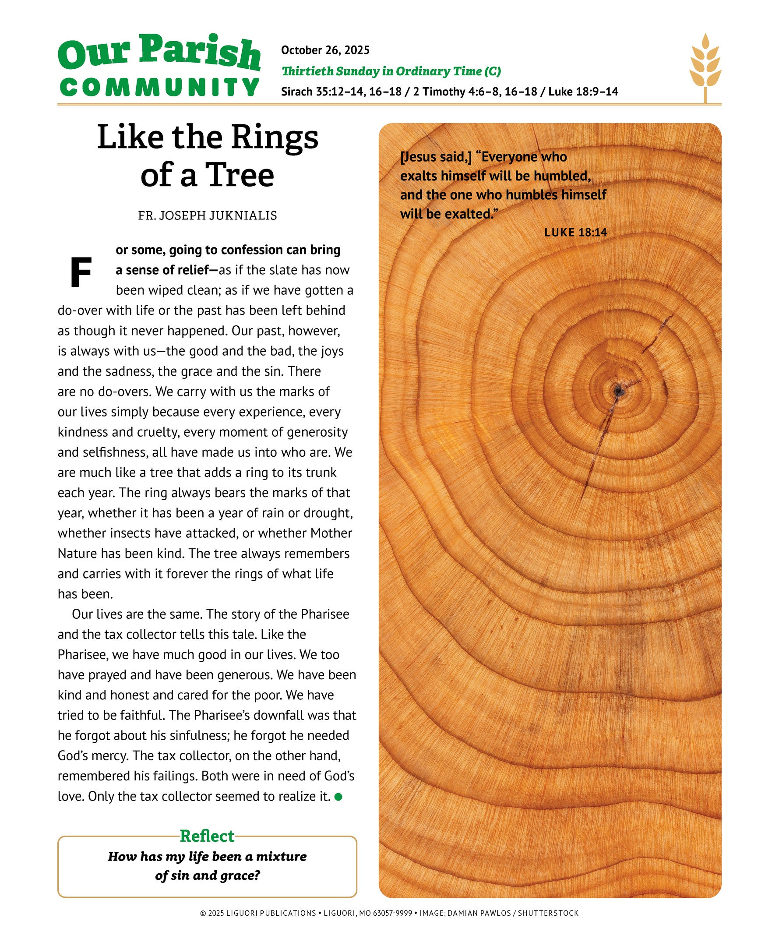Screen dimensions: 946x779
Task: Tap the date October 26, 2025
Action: (x=325, y=50)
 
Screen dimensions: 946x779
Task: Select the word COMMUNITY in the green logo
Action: (x=159, y=87)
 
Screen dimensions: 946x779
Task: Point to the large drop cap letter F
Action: (x=81, y=272)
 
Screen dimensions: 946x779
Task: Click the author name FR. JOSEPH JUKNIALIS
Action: (x=207, y=216)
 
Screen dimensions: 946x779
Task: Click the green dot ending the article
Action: (x=338, y=797)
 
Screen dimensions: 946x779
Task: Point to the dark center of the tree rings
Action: (x=619, y=391)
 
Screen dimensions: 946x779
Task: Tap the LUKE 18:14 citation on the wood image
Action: (x=575, y=233)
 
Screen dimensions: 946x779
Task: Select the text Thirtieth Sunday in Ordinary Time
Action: (x=381, y=71)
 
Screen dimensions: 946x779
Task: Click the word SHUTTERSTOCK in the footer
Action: (x=548, y=913)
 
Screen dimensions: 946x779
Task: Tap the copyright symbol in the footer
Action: (x=203, y=913)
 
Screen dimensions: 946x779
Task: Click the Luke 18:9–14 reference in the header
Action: (x=583, y=92)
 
